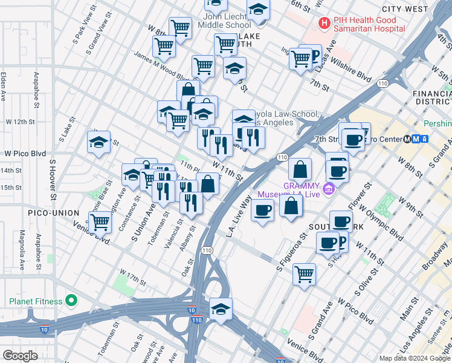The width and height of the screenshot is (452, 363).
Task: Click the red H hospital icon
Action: (325, 24)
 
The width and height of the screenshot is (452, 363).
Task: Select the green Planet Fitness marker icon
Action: (71, 301)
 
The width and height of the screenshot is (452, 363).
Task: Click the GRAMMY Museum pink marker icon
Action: (328, 189)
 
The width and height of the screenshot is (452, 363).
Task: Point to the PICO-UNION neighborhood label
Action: (53, 213)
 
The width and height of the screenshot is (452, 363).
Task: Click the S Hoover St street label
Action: (53, 180)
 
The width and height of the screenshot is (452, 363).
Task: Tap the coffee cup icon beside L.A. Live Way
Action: (262, 211)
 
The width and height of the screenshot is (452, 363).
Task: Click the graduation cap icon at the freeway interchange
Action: (221, 309)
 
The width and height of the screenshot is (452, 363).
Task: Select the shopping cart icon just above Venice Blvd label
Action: (101, 222)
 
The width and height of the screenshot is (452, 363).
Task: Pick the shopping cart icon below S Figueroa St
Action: (304, 273)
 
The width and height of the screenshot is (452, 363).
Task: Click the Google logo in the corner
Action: (20, 355)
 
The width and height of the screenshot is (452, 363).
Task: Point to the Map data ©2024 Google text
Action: (415, 358)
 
